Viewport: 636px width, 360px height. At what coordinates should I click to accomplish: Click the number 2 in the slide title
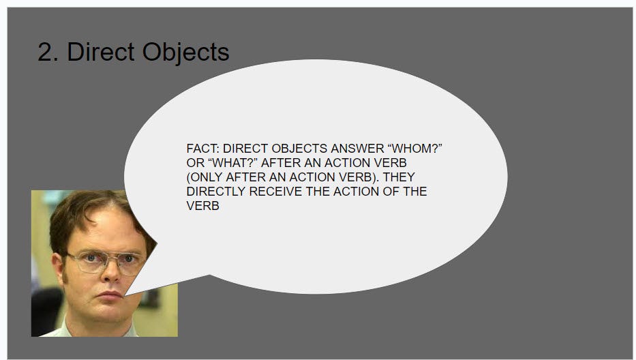[46, 52]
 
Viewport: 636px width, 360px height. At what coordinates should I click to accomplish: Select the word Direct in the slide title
[101, 52]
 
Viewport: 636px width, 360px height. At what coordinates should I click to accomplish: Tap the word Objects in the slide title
[185, 52]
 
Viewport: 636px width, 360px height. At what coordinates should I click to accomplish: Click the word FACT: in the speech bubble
[203, 149]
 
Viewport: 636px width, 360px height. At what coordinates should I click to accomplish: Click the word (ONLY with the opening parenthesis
[205, 177]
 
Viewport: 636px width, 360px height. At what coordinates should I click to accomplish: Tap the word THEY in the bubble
[399, 177]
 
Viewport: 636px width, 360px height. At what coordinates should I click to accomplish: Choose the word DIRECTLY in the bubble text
[216, 192]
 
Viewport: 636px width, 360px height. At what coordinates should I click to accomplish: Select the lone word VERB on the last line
[203, 206]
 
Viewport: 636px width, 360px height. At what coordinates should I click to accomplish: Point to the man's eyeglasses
[106, 262]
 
